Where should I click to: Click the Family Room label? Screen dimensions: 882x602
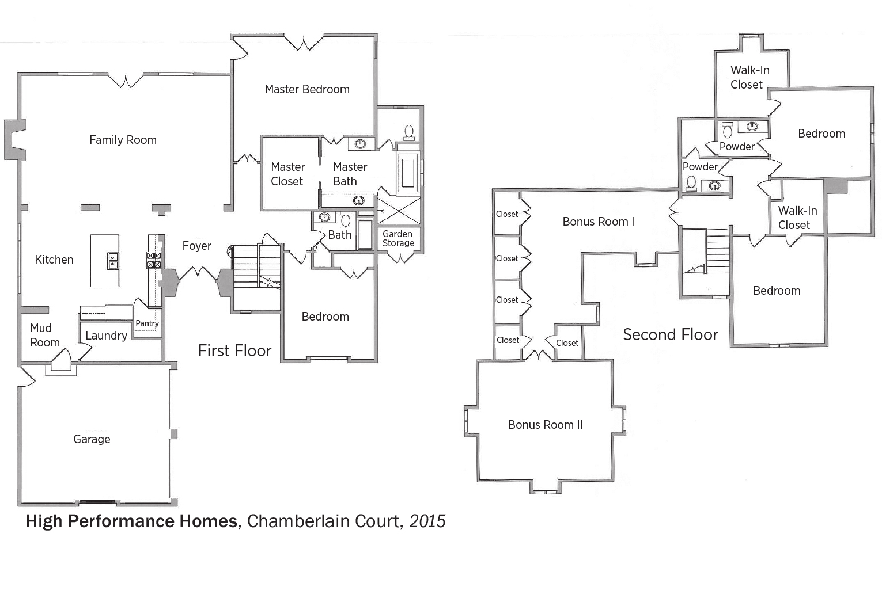coord(123,140)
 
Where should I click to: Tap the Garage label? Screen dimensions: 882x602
coord(92,439)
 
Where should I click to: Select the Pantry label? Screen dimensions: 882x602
coord(147,323)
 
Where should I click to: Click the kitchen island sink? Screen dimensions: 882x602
coord(112,261)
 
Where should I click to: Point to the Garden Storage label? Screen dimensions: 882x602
coord(398,238)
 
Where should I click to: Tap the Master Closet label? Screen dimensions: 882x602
coord(288,174)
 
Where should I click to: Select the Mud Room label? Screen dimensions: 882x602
coord(45,335)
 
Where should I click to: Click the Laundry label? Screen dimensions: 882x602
coord(107,336)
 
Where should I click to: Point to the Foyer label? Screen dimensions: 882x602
coord(196,246)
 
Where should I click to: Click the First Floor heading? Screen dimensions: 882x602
coord(234,350)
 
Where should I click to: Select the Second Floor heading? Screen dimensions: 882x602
coord(671,334)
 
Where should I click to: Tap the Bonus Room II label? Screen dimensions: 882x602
coord(546,425)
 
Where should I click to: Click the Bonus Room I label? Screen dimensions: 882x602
coord(598,222)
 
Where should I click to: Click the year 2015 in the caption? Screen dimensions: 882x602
coord(427,521)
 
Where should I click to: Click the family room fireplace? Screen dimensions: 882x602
coord(15,140)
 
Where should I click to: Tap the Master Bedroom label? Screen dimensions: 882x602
coord(307,89)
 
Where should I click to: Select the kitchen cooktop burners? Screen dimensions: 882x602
coord(154,260)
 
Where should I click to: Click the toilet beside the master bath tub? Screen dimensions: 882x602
coord(409,132)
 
